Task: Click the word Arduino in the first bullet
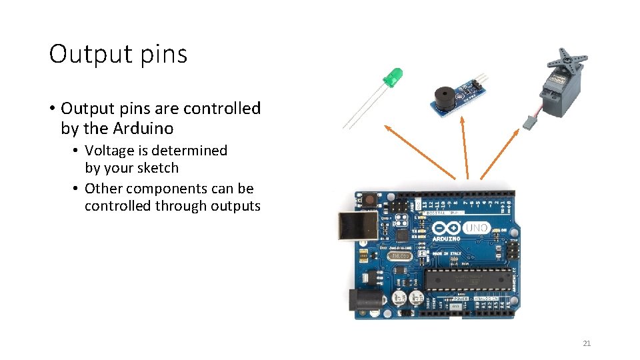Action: [x=143, y=128]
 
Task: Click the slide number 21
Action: [x=587, y=343]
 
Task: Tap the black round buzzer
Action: [x=441, y=98]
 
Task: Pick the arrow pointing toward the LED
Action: [x=420, y=151]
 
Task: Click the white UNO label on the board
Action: [x=477, y=228]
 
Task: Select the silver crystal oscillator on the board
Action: [x=381, y=256]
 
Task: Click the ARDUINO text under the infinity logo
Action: [x=446, y=238]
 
